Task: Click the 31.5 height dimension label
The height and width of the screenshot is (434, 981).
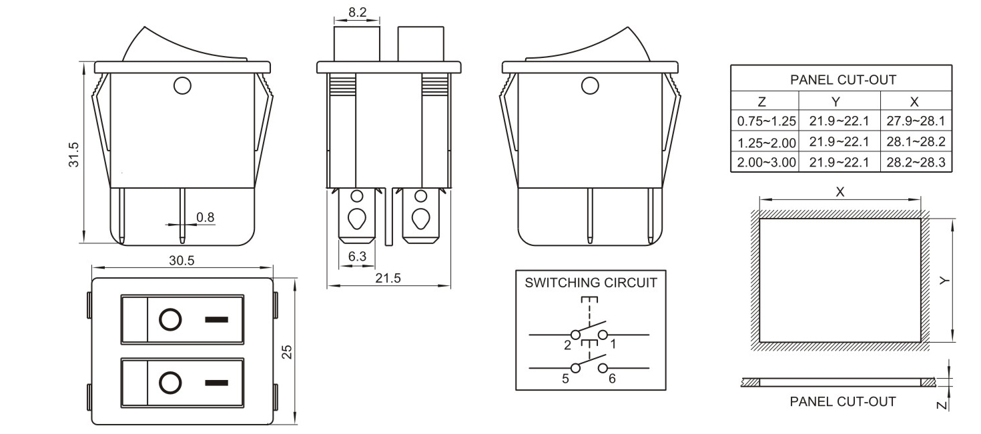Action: tap(74, 155)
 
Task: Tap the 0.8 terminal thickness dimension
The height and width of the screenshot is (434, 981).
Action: tap(206, 217)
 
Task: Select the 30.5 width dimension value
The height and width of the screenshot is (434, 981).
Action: tap(181, 261)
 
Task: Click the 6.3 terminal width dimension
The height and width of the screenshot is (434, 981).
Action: tap(358, 256)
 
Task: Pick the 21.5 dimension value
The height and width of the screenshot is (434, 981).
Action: tap(388, 278)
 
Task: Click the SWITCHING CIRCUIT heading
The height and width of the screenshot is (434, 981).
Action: tap(591, 282)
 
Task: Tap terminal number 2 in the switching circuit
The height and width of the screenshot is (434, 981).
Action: tap(567, 345)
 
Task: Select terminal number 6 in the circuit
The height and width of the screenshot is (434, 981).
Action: tap(611, 379)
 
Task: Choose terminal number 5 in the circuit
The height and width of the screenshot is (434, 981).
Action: tap(565, 379)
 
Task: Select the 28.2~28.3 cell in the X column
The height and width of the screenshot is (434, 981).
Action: tap(916, 162)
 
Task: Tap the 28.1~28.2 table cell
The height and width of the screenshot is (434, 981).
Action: tap(916, 142)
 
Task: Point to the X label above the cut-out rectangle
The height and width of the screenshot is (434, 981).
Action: tap(840, 192)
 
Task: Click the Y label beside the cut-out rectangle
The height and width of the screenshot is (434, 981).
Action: tap(943, 281)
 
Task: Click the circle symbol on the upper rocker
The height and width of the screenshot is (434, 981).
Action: tap(170, 319)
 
